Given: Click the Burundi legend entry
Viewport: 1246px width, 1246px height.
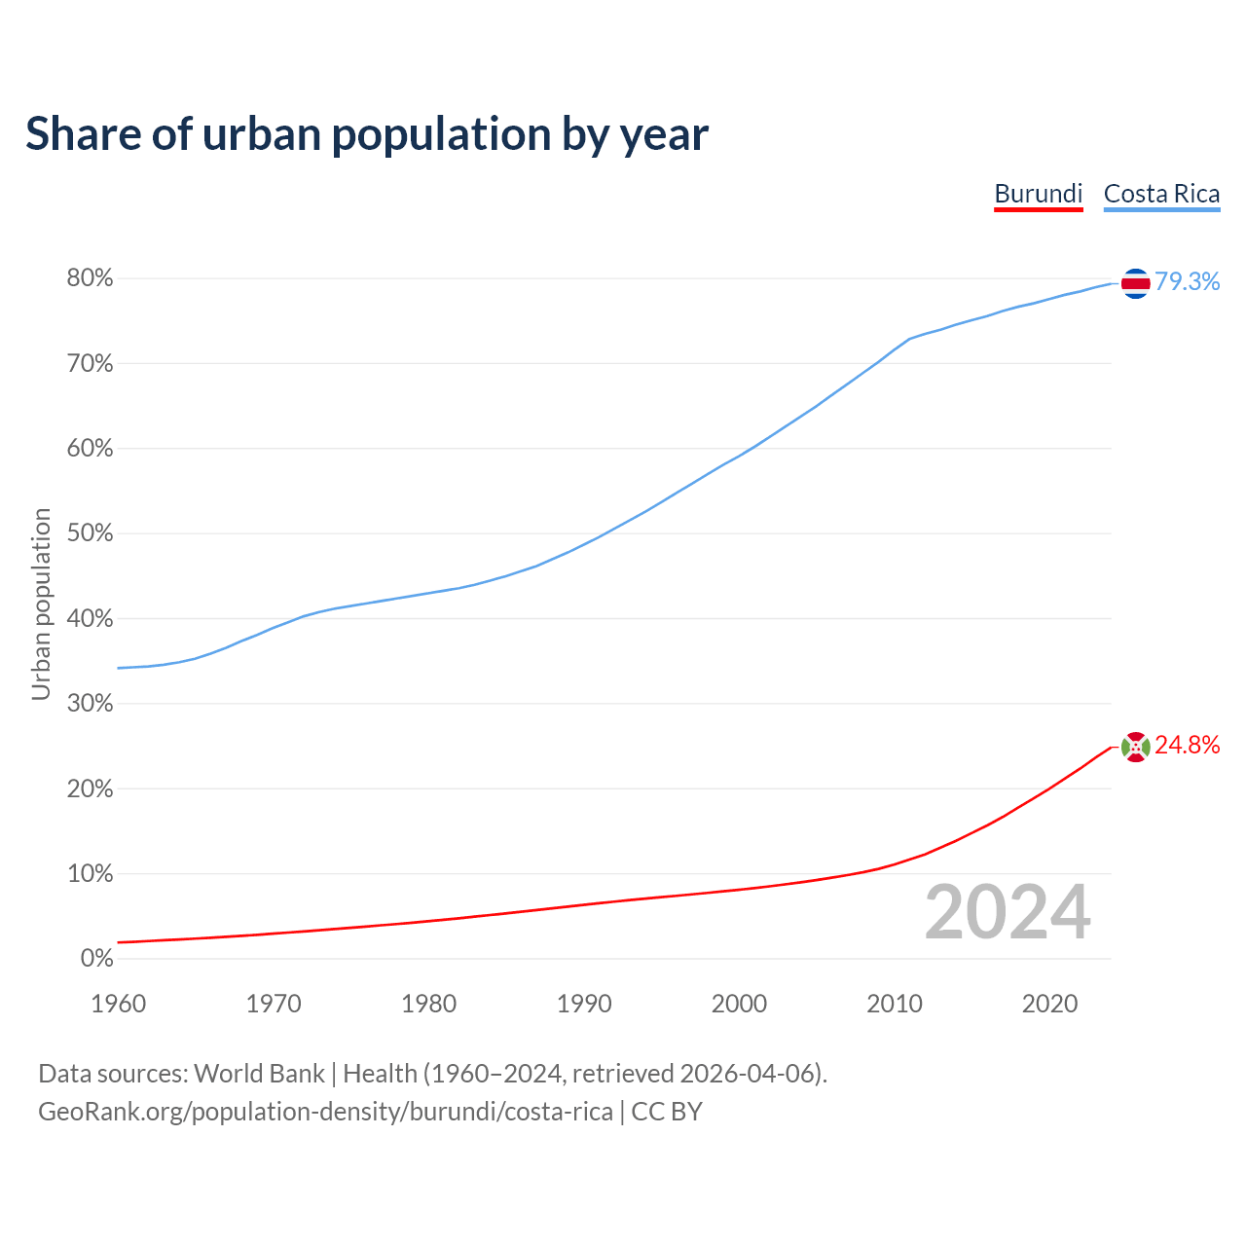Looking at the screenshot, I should pos(1038,194).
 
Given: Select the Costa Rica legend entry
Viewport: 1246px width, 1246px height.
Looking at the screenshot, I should pos(1161,194).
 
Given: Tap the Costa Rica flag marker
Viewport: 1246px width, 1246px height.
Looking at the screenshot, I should pos(1135,283).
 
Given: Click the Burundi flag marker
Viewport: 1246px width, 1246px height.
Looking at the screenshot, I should pos(1135,747).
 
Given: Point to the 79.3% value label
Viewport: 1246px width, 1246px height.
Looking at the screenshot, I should pos(1187,281).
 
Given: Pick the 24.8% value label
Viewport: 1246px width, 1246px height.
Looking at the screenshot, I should pos(1187,745).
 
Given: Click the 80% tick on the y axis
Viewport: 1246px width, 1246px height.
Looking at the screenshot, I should pos(90,278).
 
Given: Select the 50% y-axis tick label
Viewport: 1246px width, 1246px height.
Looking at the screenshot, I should pos(90,533).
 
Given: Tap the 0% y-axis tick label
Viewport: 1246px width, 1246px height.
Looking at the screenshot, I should pos(96,959).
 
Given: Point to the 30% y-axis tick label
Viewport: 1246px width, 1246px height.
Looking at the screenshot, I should pos(90,704).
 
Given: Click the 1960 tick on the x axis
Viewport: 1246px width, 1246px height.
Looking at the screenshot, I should pos(118,1004).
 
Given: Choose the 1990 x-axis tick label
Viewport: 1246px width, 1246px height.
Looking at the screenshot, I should pos(584,1004).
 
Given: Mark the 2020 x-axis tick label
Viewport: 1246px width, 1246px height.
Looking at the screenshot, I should pos(1049,1004).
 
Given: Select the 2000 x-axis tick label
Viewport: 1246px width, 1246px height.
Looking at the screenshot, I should pos(739,1004).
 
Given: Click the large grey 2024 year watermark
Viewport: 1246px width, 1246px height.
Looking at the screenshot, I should pos(1008,912).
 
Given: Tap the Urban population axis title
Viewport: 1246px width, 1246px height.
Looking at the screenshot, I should pos(41,604).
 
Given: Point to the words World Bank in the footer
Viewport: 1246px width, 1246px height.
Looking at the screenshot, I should pos(259,1074).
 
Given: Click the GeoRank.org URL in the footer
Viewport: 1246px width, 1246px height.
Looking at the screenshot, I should pos(325,1112).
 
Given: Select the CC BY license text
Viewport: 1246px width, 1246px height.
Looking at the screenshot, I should pos(667,1112).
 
